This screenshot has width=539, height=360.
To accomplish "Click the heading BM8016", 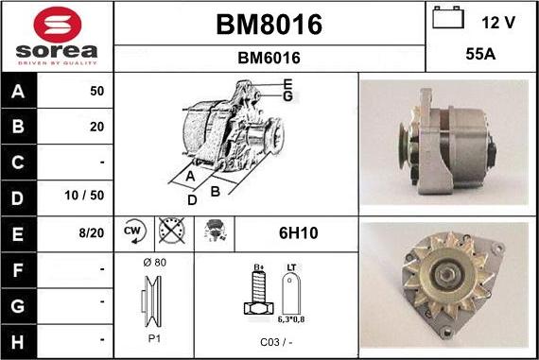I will point(269,24).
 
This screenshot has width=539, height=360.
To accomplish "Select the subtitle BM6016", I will point(269,58).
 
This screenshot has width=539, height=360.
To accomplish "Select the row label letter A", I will point(18,92).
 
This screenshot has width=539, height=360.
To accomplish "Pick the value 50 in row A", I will point(96,92).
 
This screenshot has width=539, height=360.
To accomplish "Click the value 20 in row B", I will point(96,127).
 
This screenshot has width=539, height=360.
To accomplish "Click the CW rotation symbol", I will point(132,231).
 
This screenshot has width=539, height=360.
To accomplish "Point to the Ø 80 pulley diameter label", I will point(155,261).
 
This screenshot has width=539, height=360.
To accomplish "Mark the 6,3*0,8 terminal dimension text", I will point(292,321).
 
